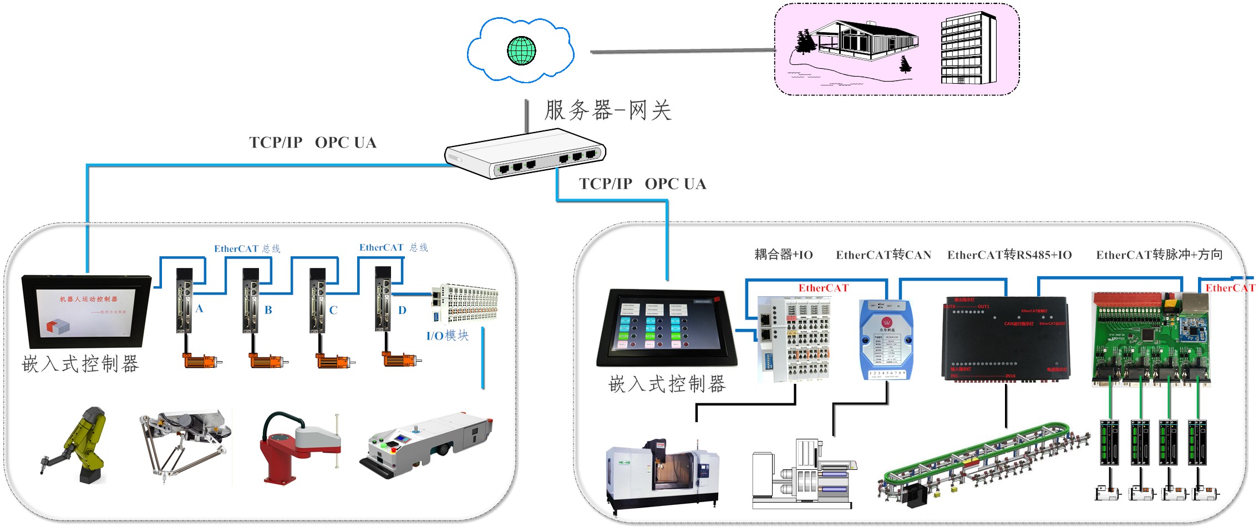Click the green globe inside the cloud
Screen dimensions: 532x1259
521,50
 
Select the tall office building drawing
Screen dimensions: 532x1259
968,49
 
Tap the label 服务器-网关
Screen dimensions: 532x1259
608,110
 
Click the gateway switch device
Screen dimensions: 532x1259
525,153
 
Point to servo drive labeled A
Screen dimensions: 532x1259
185,300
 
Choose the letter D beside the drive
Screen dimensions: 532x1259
402,310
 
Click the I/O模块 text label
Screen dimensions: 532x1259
447,336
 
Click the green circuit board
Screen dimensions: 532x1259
1150,338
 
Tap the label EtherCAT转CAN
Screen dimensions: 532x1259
884,255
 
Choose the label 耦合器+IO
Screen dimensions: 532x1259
783,255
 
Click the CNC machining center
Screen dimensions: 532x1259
663,474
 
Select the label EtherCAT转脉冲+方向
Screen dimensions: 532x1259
1159,255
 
